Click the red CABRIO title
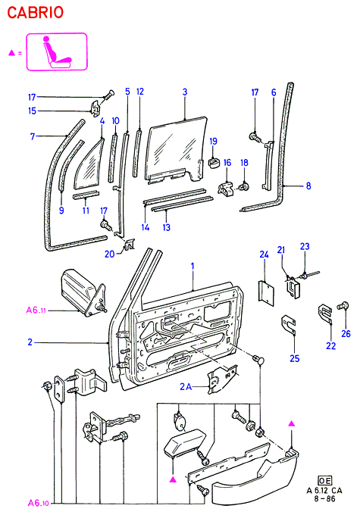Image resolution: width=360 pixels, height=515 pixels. coord(35,12)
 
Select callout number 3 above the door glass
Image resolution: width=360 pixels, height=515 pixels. coord(185,92)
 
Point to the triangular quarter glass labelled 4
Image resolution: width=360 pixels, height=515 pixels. coord(89,167)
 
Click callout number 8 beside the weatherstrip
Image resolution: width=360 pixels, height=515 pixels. coord(308,186)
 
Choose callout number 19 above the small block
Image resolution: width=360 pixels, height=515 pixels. coord(214,141)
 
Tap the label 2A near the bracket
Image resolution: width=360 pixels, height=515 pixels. coord(186,387)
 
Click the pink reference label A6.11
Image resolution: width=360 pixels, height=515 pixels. coord(36,310)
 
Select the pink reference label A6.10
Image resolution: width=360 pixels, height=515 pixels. coord(38,503)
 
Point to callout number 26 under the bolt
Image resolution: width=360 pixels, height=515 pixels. coord(346,334)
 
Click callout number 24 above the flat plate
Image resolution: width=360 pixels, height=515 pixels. coord(264,254)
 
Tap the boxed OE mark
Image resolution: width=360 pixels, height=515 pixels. coord(324,481)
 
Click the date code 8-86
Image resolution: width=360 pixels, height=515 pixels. coord(324,498)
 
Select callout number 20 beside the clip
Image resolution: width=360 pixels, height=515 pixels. coord(109,254)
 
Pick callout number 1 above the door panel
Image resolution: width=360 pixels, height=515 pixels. coord(193,266)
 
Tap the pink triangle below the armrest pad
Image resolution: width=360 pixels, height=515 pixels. coord(173,480)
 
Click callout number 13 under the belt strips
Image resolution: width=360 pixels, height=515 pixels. coord(166,227)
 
